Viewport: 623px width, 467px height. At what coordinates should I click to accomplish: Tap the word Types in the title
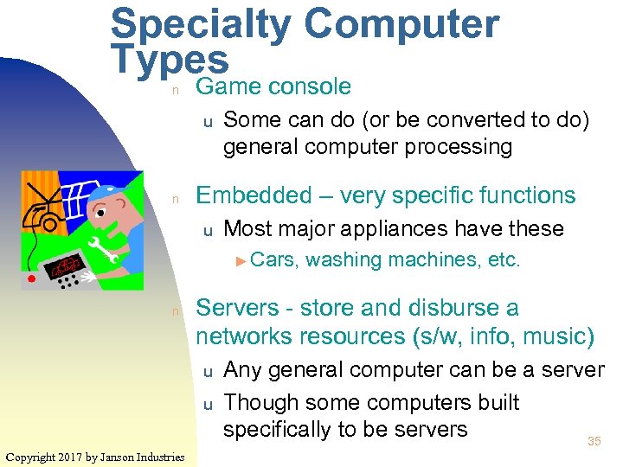(170, 61)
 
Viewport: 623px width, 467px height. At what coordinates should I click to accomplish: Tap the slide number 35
(594, 442)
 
